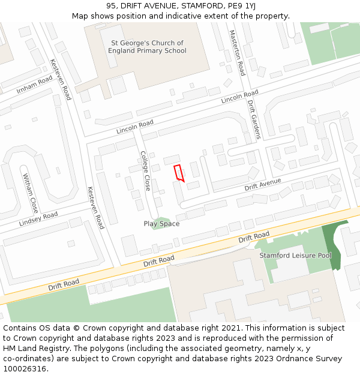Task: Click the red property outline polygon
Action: pos(178,172)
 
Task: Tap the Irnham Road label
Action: pos(35,85)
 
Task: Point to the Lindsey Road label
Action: pos(38,218)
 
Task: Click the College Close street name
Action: pos(145,171)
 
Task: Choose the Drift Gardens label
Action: pos(254,119)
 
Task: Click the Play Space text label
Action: pos(161,224)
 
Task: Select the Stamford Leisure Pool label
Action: pos(295,256)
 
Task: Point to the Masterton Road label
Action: pos(238,53)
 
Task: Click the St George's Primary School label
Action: pos(147,47)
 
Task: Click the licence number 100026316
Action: pos(23,368)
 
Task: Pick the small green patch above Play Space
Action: pos(160,223)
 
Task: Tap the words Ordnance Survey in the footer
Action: pos(311,359)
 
